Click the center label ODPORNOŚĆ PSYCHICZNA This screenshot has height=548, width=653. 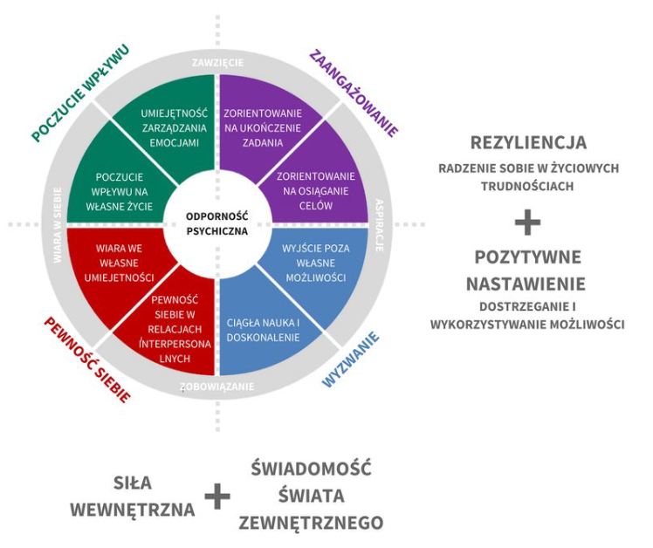pos(217,223)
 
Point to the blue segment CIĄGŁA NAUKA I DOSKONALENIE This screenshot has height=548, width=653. pos(263,330)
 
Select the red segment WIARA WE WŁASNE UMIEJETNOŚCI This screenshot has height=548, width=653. pos(119,264)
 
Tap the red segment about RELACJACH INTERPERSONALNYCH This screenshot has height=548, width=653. pos(175,329)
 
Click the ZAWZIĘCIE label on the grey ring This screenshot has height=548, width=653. pos(217,63)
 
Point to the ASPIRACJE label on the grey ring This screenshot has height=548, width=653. pos(380,225)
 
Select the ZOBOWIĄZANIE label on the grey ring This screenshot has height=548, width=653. pos(217,387)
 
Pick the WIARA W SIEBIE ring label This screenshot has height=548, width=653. pos(58,225)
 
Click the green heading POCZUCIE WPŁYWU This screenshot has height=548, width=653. pos(81,93)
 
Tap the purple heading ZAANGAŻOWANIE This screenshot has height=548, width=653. pos(354,93)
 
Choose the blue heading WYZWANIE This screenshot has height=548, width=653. pos(351,360)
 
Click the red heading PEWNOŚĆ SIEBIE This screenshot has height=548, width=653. pos(87,360)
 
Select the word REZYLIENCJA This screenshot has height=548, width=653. pos(528,143)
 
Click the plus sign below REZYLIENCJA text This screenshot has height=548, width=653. pos(527,223)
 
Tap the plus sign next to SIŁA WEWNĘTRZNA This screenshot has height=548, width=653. pos(217,496)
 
